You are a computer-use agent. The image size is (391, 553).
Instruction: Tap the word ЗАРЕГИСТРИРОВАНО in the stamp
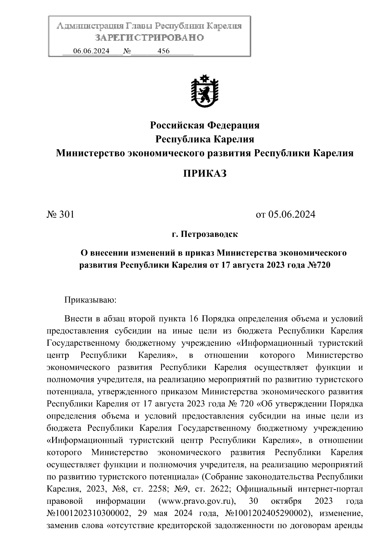(150, 38)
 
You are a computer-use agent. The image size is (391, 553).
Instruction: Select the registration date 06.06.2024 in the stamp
(91, 51)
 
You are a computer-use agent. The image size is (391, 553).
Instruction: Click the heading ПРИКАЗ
(205, 174)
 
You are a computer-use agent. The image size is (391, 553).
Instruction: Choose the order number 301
(66, 214)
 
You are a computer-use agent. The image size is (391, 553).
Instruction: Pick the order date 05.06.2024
(292, 214)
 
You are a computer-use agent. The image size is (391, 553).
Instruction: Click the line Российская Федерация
(205, 125)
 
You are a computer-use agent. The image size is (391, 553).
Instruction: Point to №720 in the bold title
(319, 265)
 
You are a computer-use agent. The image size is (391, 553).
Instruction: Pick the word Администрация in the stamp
(88, 26)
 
